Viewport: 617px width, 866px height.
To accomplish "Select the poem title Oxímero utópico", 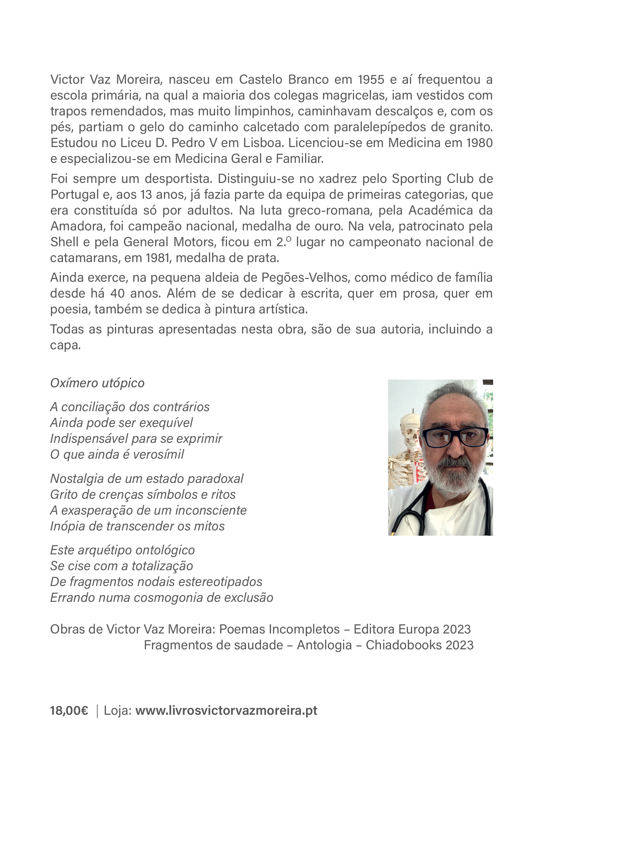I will click(x=97, y=383).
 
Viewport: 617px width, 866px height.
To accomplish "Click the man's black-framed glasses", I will click(x=455, y=437).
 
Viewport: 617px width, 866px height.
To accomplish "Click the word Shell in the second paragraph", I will click(x=64, y=242).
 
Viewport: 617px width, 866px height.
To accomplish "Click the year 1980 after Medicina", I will click(x=479, y=143).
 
